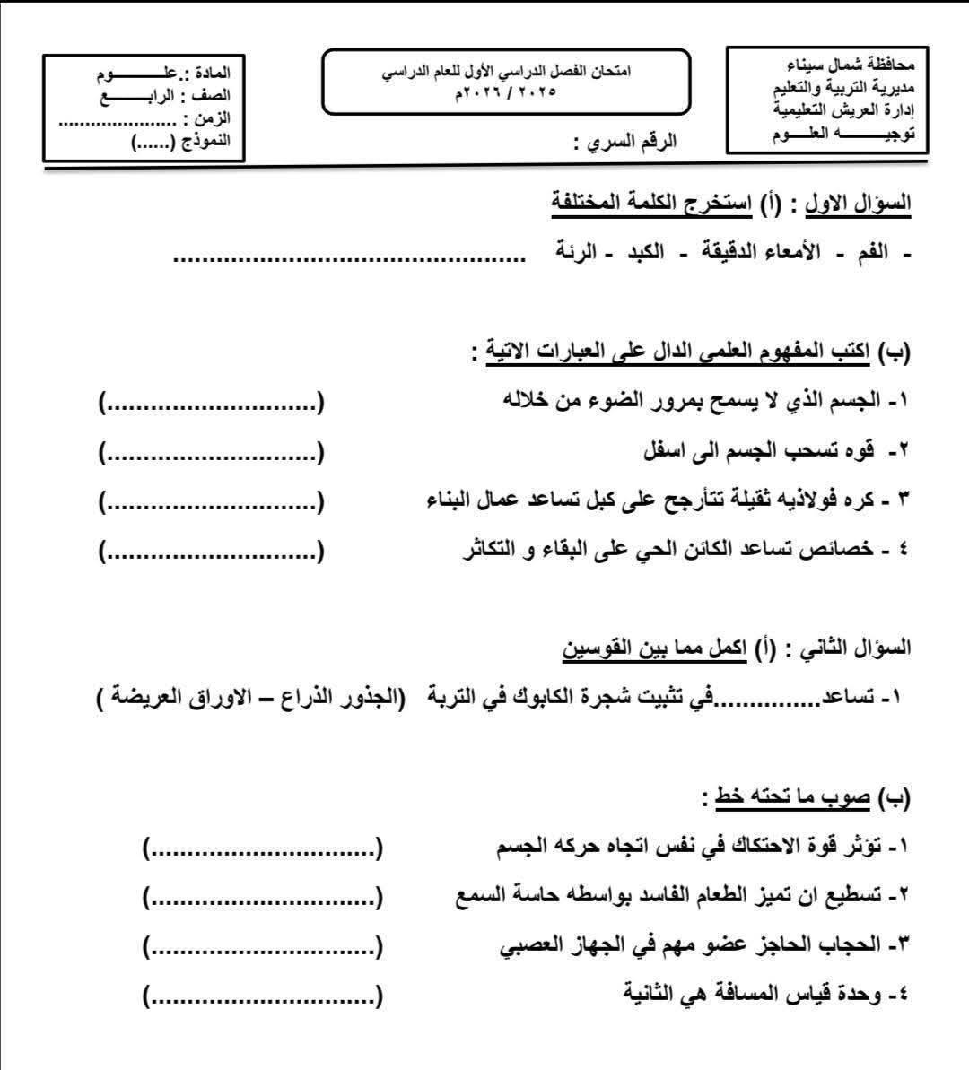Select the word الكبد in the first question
click(x=644, y=252)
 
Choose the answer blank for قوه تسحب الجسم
click(x=211, y=452)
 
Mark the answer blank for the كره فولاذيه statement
click(x=211, y=501)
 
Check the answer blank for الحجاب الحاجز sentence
click(x=261, y=944)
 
